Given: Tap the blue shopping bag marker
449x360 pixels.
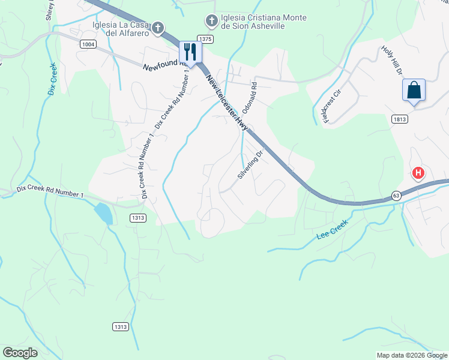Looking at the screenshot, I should click(414, 91).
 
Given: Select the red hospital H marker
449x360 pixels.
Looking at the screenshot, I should click(418, 174).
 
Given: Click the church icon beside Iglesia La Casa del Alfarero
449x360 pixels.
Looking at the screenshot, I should click(157, 28).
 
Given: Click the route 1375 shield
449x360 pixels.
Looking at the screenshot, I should click(205, 38).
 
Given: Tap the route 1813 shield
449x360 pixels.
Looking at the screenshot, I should click(400, 119).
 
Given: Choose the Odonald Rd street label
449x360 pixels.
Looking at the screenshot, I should click(249, 98).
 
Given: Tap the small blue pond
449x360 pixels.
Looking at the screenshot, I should click(103, 213).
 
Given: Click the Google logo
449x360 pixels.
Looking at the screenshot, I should click(20, 353).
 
